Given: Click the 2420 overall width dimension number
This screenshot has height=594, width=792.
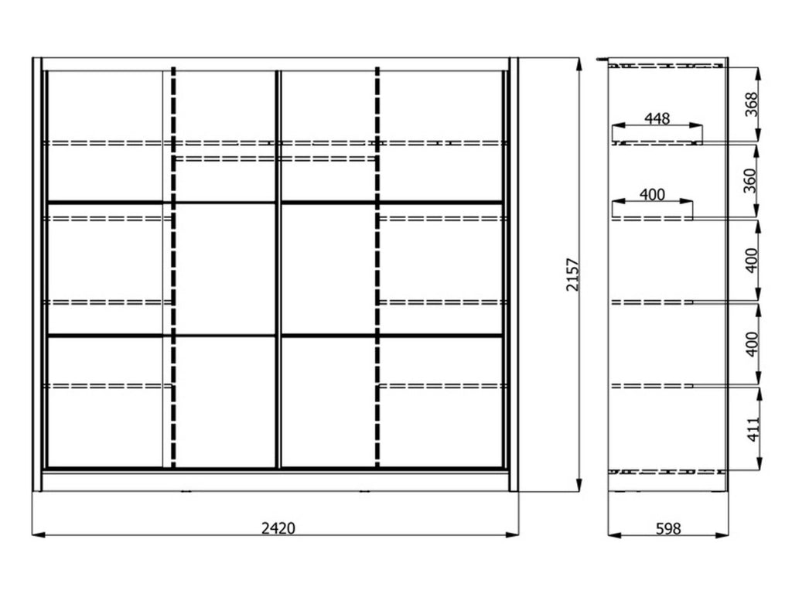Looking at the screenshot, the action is coord(278,528).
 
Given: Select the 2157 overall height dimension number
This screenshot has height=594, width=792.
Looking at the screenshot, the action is coord(572,275).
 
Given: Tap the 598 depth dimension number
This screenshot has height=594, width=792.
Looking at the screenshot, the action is coord(668,529).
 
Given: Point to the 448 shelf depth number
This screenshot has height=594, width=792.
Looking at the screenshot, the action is coord(657,118).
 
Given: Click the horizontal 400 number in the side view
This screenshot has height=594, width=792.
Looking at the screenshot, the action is coord(652,194).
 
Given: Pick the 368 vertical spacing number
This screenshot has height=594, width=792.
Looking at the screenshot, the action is coord(752,104).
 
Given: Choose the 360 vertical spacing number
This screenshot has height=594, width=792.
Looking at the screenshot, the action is coord(750,181).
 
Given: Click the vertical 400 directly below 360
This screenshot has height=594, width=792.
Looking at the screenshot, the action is coord(752,261).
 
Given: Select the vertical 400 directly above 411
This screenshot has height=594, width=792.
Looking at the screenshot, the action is coord(752,344).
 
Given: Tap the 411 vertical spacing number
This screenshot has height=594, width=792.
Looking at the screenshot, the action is coord(753,429).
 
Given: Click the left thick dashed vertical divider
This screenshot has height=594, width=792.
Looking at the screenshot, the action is coord(174,267).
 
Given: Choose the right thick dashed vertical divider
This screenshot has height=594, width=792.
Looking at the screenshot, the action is coord(377,267).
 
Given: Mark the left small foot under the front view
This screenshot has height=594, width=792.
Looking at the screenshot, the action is coord(186,491).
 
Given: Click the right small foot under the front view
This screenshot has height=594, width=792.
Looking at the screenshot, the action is coord(364,491).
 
